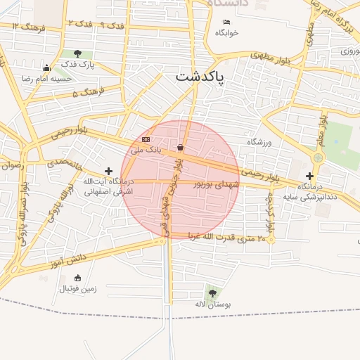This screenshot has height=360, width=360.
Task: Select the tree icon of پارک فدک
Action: pos(77,53)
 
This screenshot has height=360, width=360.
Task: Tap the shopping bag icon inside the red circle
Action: pos(181,148)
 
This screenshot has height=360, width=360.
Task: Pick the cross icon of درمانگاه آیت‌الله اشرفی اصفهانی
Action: pos(108,171)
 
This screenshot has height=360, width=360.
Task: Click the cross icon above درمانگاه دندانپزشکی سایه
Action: pos(309,176)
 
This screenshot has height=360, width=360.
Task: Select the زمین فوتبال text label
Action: pos(78,288)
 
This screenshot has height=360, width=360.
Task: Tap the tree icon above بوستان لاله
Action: pos(212,293)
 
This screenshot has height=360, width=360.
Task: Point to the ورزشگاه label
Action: pos(259,142)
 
